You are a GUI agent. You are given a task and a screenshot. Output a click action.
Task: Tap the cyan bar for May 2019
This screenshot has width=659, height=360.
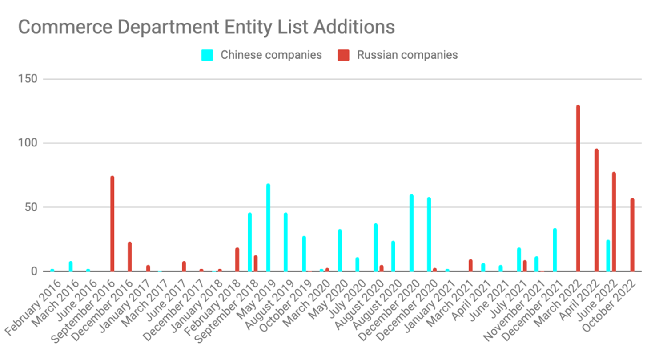pos(268,227)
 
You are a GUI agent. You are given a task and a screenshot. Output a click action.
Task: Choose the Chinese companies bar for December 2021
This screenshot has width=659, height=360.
pos(555,250)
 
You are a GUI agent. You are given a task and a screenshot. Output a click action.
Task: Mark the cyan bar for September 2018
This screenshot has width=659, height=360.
pos(250,242)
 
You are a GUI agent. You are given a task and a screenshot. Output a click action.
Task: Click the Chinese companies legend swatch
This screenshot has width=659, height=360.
pos(207,55)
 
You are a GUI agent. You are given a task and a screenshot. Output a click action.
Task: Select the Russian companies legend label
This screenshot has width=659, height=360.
pos(407,55)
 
